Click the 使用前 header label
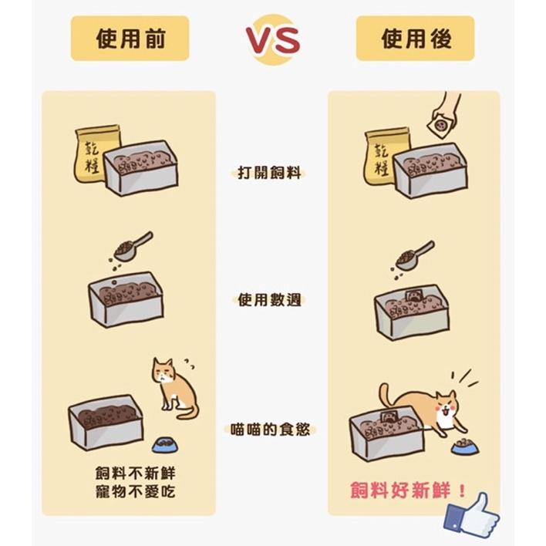click(x=130, y=39)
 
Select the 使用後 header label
click(x=415, y=39)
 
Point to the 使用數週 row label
click(x=270, y=298)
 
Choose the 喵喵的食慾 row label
click(x=271, y=429)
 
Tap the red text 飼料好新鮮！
click(x=408, y=490)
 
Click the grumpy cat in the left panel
click(x=171, y=386)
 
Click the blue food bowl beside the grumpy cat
click(x=163, y=444)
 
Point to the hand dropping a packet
click(x=447, y=112)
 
